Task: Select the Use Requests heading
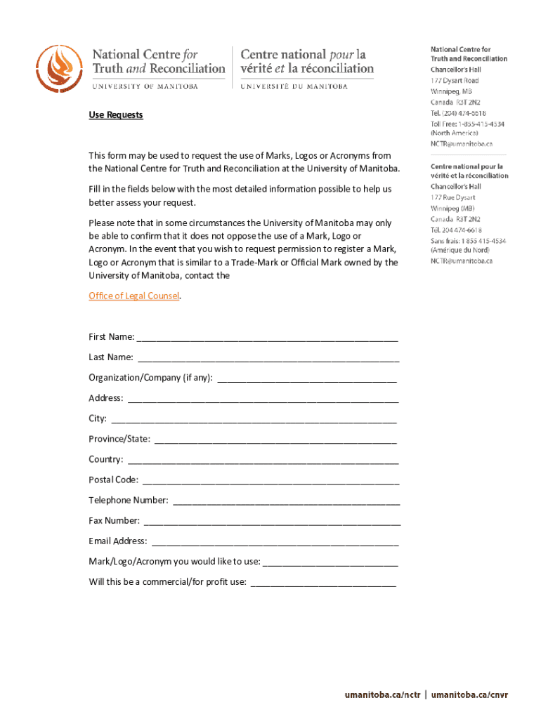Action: [115, 114]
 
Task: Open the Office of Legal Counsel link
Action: [134, 296]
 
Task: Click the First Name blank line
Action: [268, 338]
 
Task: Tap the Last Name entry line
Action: [268, 359]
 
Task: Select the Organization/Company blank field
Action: [307, 379]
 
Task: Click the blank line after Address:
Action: [263, 400]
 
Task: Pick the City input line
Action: [254, 420]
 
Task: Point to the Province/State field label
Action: [119, 439]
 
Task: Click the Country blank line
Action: [263, 461]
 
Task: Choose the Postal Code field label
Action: [113, 480]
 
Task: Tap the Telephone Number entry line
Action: [287, 501]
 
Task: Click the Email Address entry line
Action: [275, 542]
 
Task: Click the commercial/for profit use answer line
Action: [323, 583]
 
